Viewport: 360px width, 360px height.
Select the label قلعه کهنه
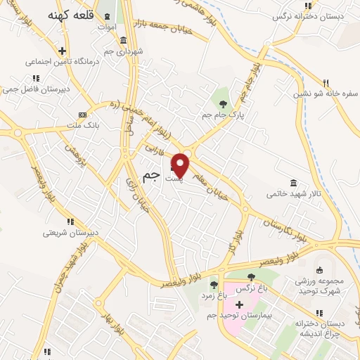coord(70,15)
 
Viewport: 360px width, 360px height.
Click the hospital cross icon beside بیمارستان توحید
coord(239,304)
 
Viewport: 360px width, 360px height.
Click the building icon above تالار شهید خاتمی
coord(292,181)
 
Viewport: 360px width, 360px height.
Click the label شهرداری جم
coord(124,51)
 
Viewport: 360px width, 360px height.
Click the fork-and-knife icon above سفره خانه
coord(326,82)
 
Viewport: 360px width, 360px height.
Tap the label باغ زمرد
coord(214,295)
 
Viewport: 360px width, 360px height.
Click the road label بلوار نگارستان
coord(285,231)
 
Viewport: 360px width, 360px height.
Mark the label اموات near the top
coord(106,27)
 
